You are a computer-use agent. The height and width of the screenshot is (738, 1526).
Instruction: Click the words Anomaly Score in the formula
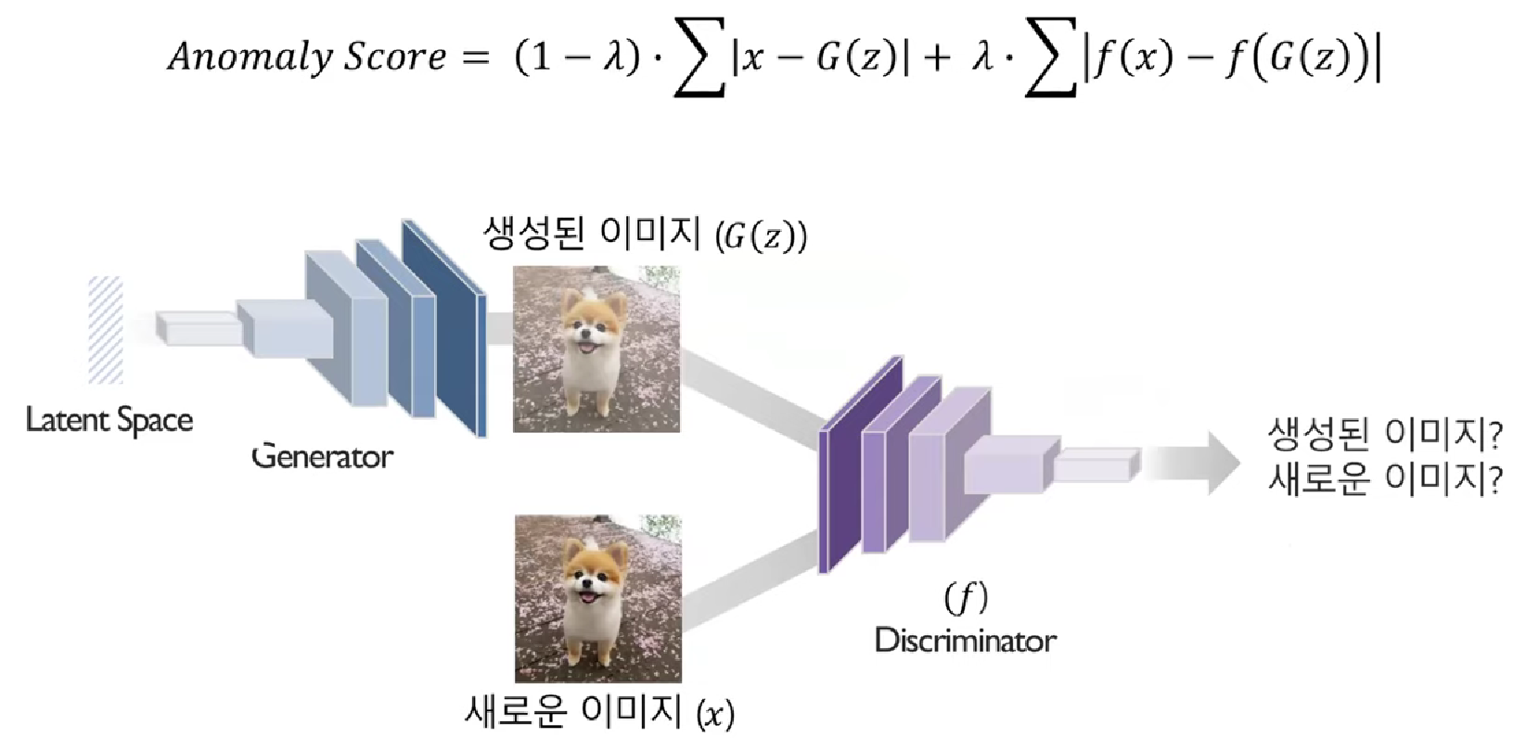pyautogui.click(x=306, y=57)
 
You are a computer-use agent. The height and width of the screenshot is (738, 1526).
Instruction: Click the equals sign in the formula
pyautogui.click(x=476, y=57)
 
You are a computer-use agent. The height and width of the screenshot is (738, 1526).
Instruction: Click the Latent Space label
pyautogui.click(x=109, y=420)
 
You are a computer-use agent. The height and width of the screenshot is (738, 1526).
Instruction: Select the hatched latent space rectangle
pyautogui.click(x=106, y=329)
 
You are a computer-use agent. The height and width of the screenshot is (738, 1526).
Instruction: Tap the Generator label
pyautogui.click(x=322, y=456)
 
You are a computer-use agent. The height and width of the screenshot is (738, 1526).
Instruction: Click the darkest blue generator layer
pyautogui.click(x=443, y=324)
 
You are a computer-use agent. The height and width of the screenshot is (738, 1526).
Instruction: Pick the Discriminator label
pyautogui.click(x=965, y=641)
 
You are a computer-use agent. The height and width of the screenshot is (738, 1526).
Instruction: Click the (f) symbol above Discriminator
pyautogui.click(x=966, y=598)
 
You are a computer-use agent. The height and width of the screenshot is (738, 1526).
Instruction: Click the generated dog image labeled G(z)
pyautogui.click(x=596, y=349)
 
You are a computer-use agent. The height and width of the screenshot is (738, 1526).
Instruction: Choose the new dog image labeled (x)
pyautogui.click(x=598, y=599)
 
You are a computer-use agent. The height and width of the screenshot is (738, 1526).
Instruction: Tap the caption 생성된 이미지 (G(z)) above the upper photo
pyautogui.click(x=645, y=234)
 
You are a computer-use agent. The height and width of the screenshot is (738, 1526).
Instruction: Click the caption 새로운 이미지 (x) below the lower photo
pyautogui.click(x=598, y=712)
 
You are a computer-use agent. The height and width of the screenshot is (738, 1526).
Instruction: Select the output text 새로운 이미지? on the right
pyautogui.click(x=1383, y=480)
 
